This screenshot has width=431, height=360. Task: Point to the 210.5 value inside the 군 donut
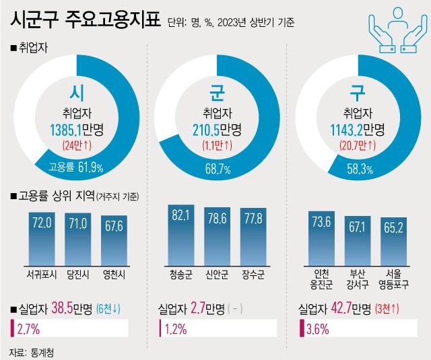[209, 128]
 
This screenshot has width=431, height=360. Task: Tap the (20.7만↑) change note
[358, 145]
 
